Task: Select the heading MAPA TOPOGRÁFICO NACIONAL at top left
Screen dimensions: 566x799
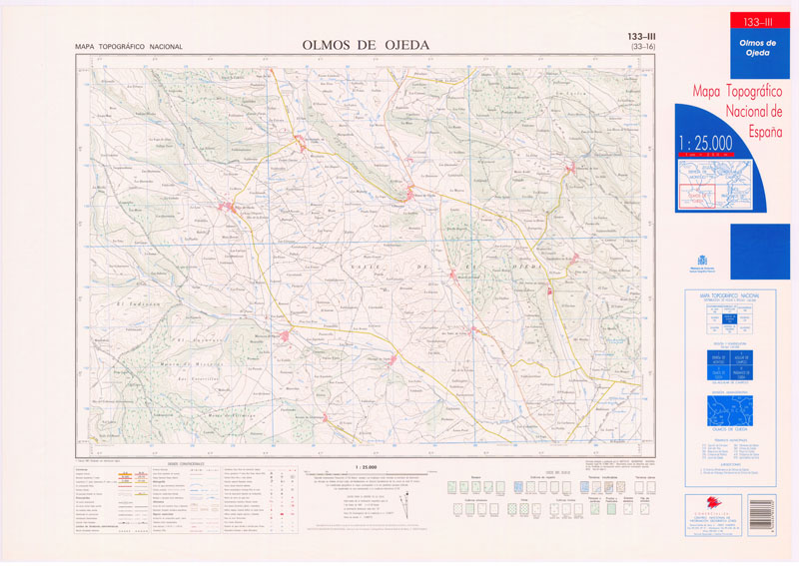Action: click(128, 47)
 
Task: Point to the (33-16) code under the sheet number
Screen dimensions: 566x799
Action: click(636, 47)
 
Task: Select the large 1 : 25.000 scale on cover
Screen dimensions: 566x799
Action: click(705, 144)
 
